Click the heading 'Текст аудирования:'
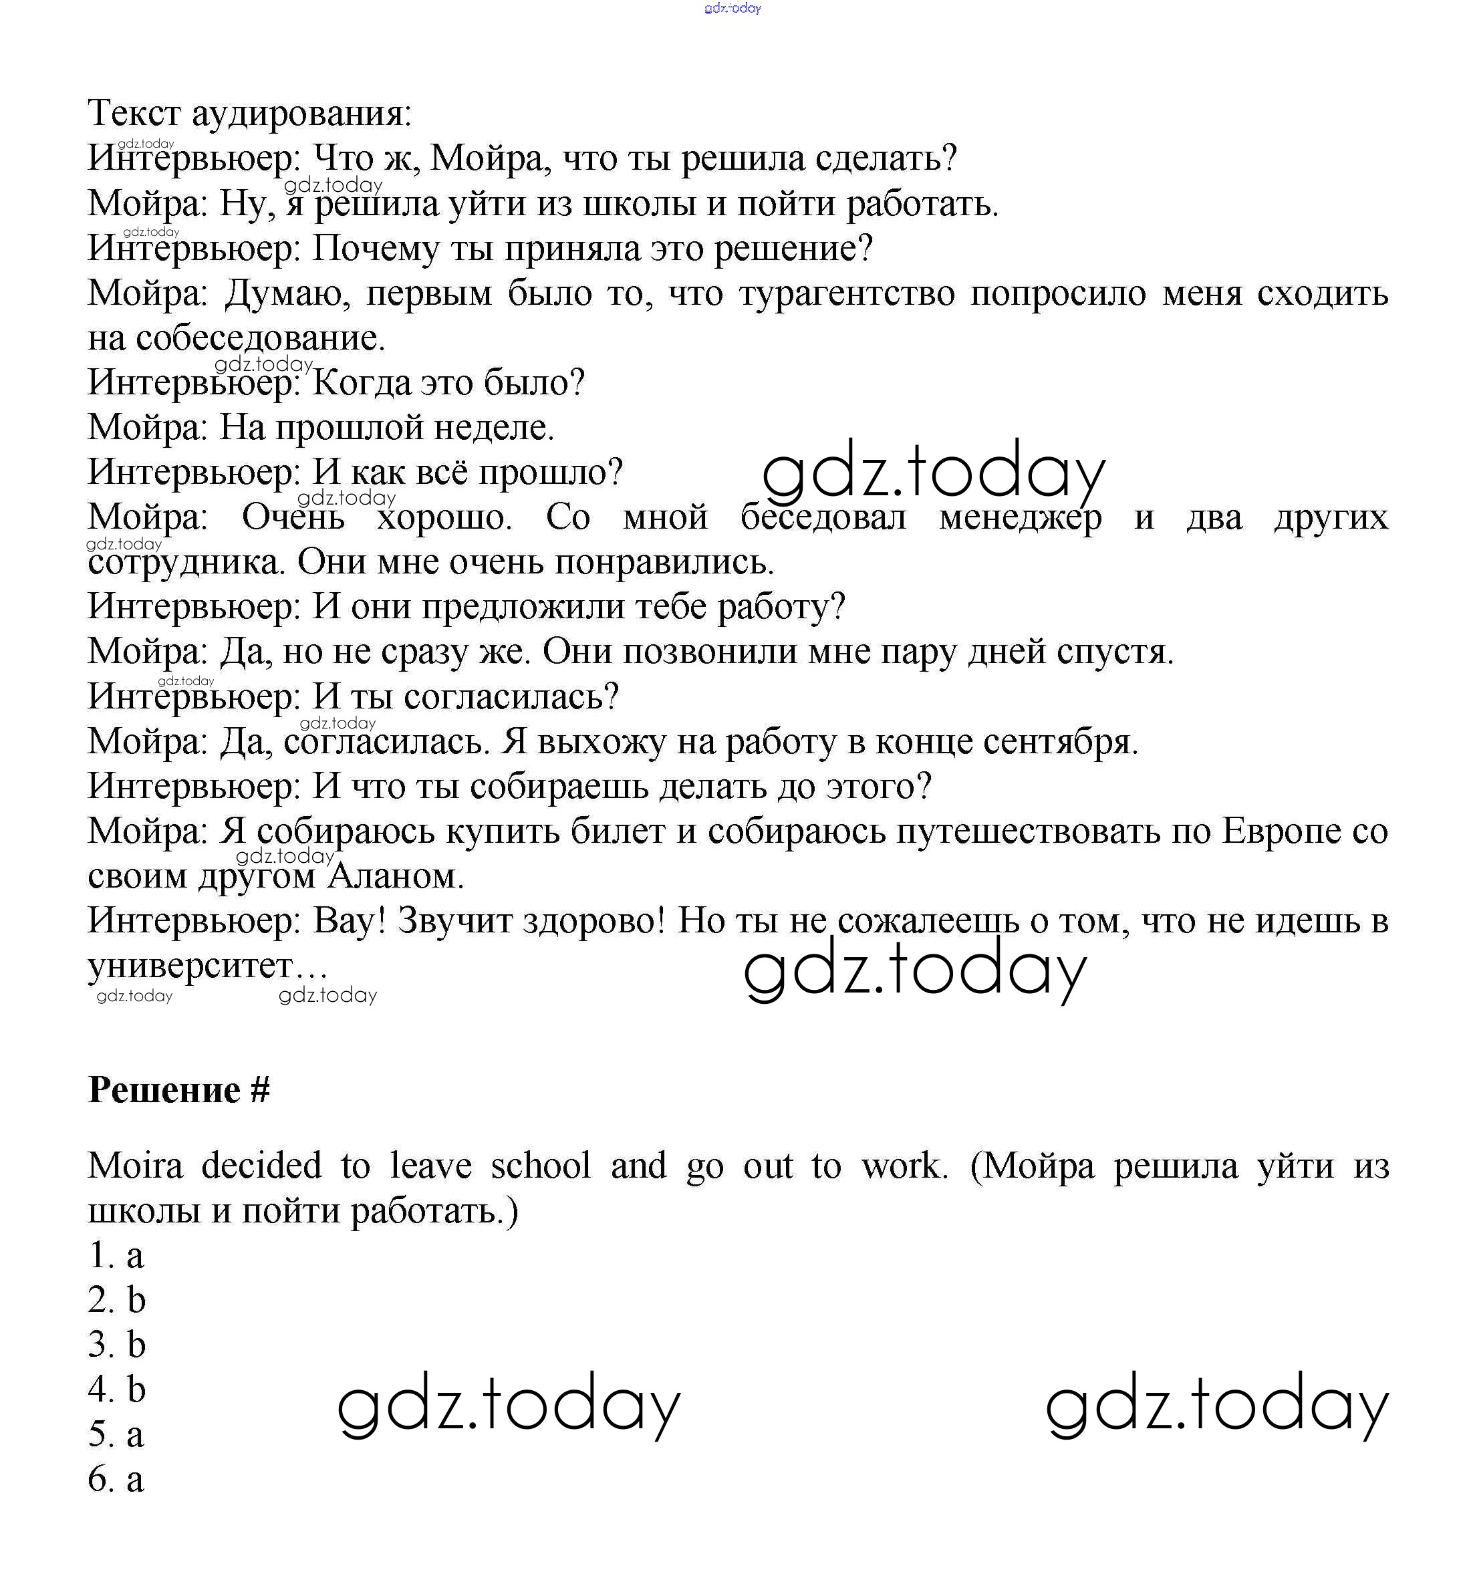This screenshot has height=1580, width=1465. tap(250, 114)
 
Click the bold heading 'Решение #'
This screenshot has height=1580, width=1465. tap(179, 1089)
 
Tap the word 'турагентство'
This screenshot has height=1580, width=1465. tap(847, 294)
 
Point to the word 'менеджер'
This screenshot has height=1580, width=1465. tap(1021, 518)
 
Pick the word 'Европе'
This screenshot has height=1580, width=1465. tap(1279, 831)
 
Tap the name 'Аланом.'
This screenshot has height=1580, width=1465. tap(396, 876)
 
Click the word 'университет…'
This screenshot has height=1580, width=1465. tap(208, 966)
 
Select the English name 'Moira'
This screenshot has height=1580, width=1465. tap(136, 1166)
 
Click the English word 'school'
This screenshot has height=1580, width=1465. tap(541, 1166)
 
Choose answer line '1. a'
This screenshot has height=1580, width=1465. tap(116, 1256)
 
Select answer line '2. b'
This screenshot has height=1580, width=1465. tap(116, 1300)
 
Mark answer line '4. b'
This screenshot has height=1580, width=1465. tap(116, 1390)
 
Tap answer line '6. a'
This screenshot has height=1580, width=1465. tap(116, 1479)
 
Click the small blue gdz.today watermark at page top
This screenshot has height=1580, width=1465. tap(732, 9)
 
